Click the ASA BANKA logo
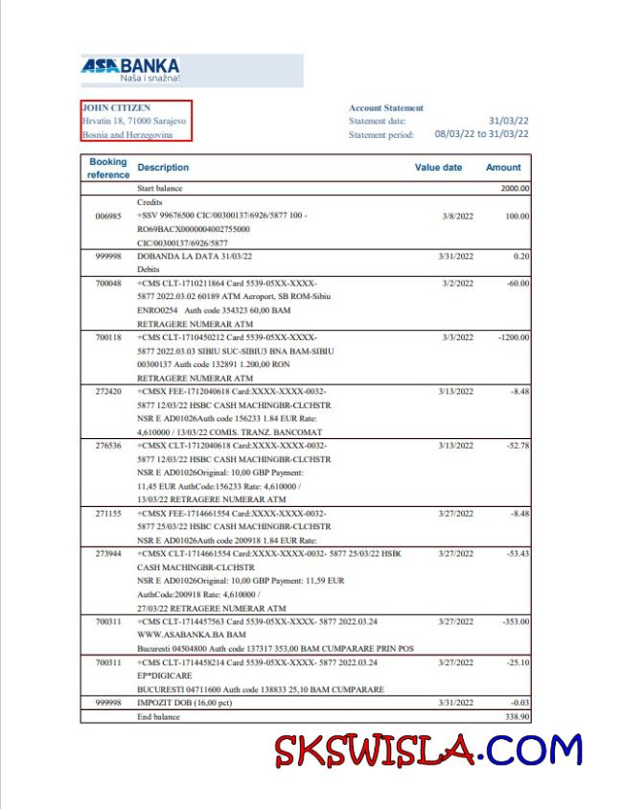(x=130, y=69)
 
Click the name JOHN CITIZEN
(x=117, y=108)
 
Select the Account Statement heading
(x=385, y=108)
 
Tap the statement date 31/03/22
(x=508, y=121)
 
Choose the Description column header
(x=163, y=168)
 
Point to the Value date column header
(x=438, y=168)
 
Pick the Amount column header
(x=503, y=168)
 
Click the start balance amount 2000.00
(x=515, y=189)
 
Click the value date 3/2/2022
(x=458, y=284)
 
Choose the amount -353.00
(x=515, y=621)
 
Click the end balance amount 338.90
(x=517, y=716)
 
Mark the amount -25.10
(x=516, y=662)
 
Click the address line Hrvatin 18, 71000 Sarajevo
(x=134, y=122)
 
